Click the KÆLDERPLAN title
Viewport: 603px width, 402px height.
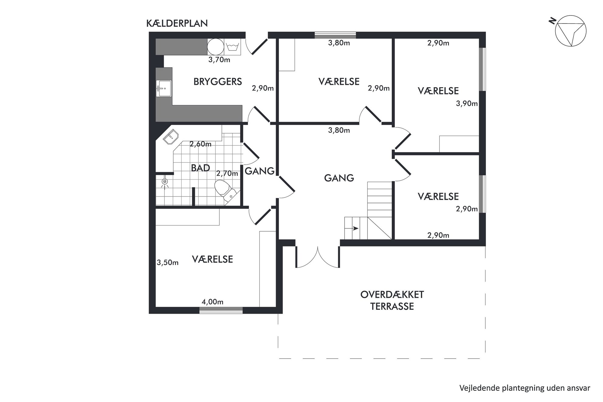click(177, 23)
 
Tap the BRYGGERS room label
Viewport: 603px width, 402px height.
click(218, 82)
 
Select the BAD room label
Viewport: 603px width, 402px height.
click(200, 168)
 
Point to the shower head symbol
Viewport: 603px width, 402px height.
click(165, 182)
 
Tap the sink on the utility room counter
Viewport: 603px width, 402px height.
click(164, 88)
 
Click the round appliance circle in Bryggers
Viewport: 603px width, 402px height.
click(216, 47)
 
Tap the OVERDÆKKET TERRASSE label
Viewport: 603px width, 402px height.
click(392, 300)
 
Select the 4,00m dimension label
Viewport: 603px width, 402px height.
click(212, 302)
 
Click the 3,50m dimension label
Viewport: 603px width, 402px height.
click(167, 263)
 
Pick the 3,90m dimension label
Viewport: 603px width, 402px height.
click(467, 104)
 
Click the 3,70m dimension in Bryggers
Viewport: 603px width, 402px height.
click(219, 60)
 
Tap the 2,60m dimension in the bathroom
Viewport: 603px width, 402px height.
click(201, 144)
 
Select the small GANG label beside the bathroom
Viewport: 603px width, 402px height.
click(260, 171)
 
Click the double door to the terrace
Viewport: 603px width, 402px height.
click(318, 257)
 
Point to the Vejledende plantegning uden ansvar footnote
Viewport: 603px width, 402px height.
click(525, 388)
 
